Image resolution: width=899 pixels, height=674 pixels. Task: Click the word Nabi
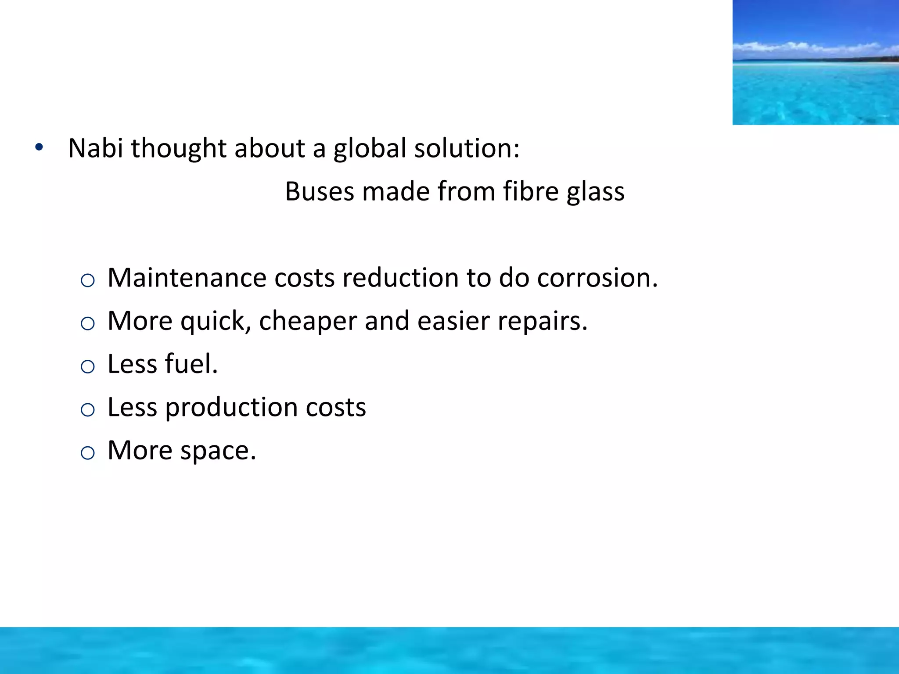point(95,148)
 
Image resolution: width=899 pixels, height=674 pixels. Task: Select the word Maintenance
point(187,278)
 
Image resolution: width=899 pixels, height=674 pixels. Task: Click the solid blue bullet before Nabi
point(39,147)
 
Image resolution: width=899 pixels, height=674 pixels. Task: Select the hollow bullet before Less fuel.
point(88,366)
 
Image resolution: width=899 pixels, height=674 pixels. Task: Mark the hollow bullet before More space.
point(88,453)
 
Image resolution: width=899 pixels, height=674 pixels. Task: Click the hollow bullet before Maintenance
point(88,280)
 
